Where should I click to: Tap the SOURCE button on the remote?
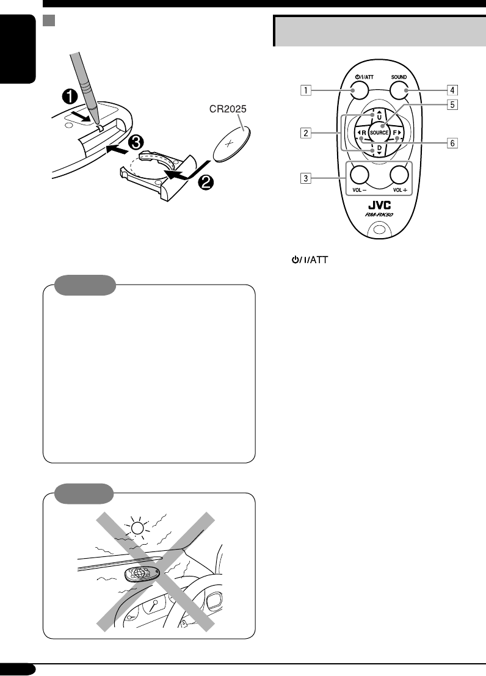coord(379,133)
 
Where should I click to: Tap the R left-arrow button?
coord(361,133)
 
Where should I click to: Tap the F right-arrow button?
coord(397,133)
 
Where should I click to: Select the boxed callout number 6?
coord(452,144)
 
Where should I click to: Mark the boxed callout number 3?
coord(303,179)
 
